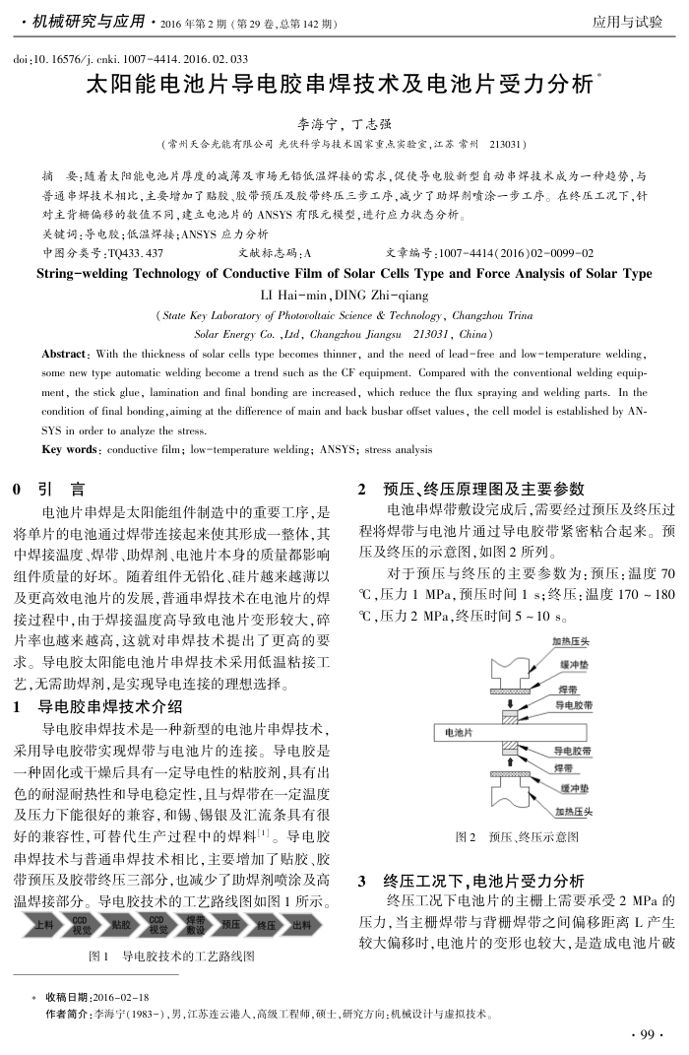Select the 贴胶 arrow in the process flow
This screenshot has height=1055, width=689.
[x=121, y=925]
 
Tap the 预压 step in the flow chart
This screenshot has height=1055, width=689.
[x=230, y=925]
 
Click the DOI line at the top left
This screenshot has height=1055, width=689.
[x=130, y=59]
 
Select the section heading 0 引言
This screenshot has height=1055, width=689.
[x=48, y=488]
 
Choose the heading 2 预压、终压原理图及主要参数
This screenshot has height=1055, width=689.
[x=471, y=488]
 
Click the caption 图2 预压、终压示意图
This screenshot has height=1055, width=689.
[x=517, y=837]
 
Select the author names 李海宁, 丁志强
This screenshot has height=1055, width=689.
[x=344, y=124]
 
